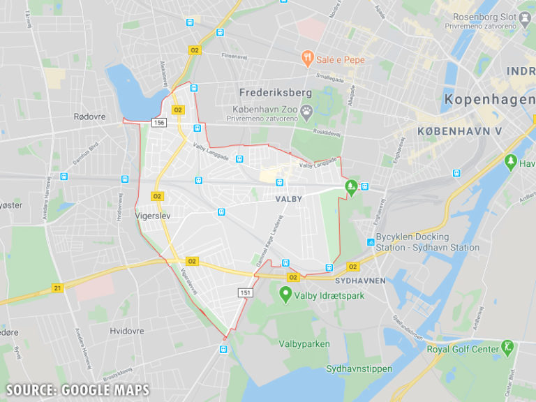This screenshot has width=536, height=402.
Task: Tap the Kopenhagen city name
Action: (x=489, y=100)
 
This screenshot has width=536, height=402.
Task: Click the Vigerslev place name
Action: (x=152, y=216)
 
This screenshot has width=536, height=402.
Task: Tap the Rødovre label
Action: (x=89, y=117)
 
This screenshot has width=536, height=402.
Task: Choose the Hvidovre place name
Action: (x=126, y=331)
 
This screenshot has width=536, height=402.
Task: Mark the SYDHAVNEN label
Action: (x=360, y=280)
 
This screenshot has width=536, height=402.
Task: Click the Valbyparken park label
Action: (x=304, y=343)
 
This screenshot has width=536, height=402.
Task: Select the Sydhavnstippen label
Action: (x=359, y=368)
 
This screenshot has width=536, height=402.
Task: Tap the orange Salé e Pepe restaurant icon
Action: (x=306, y=59)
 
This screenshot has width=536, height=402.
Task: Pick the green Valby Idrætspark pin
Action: (x=285, y=294)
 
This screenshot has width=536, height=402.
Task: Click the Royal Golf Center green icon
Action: (x=507, y=347)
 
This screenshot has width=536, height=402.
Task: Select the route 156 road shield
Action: (x=159, y=122)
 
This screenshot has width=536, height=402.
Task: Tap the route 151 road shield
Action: (x=245, y=292)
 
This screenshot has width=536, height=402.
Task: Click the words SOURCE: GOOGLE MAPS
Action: (x=77, y=389)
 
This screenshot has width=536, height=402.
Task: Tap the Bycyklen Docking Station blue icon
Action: (x=370, y=242)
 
